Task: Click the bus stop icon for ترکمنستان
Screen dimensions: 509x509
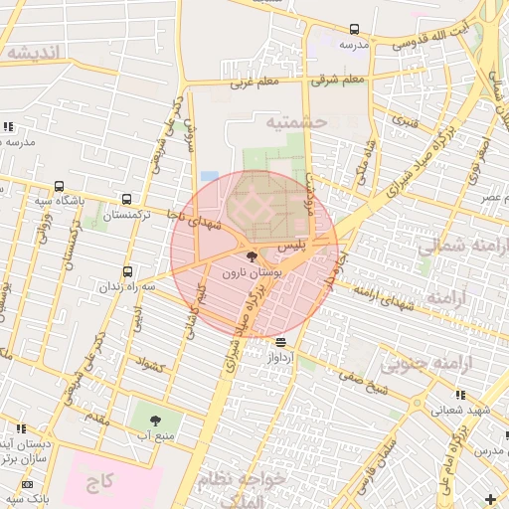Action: click(x=126, y=199)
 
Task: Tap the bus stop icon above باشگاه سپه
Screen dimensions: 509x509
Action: click(x=60, y=186)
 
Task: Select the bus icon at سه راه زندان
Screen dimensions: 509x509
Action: click(x=126, y=271)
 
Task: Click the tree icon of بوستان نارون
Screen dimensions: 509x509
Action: click(x=251, y=256)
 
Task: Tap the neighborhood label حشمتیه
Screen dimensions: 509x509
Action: click(x=295, y=121)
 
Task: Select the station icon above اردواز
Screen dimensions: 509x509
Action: click(x=279, y=342)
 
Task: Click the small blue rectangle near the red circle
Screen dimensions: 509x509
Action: click(x=209, y=176)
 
